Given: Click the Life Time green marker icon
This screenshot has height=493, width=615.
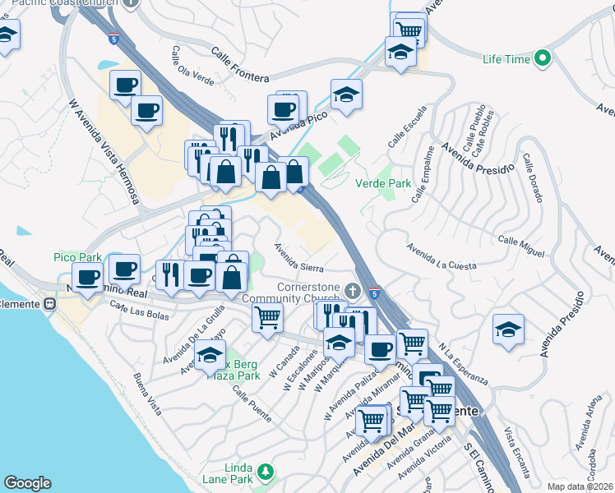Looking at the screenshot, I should point(542,58).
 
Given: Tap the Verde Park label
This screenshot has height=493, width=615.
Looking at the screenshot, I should point(382,184).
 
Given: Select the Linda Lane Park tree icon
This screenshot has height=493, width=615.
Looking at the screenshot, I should point(265,472).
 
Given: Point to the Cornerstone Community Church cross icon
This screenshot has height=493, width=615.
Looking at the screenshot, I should point(352,290).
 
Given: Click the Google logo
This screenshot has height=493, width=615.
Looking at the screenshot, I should point(27,483).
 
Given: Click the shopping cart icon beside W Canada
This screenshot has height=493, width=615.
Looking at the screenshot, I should point(267,316).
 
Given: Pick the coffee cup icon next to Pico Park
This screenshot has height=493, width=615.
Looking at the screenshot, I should point(87,276).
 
